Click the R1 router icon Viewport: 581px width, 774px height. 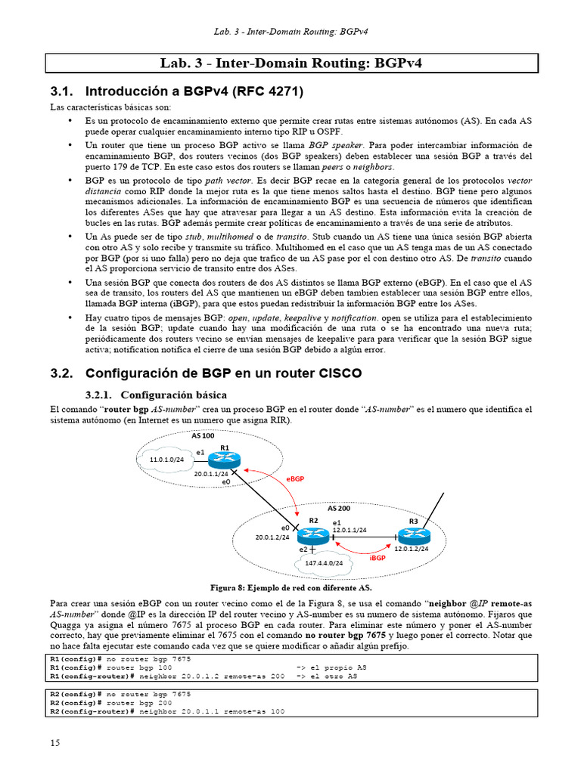tap(224, 459)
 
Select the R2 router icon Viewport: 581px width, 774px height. tap(311, 536)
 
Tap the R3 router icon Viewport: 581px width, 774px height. tap(413, 534)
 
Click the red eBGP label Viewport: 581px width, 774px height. tap(296, 479)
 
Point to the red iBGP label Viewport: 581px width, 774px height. tap(378, 558)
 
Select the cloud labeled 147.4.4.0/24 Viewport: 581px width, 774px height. tap(324, 563)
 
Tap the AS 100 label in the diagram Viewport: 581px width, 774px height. tap(203, 436)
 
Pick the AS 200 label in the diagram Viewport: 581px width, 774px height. tap(338, 508)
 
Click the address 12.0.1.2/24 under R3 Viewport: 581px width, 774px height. tap(412, 549)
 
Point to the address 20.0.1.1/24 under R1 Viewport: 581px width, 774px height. tap(212, 473)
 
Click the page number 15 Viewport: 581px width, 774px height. tap(54, 743)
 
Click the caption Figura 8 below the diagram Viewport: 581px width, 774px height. tap(290, 587)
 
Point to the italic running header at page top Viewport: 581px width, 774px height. tap(290, 31)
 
